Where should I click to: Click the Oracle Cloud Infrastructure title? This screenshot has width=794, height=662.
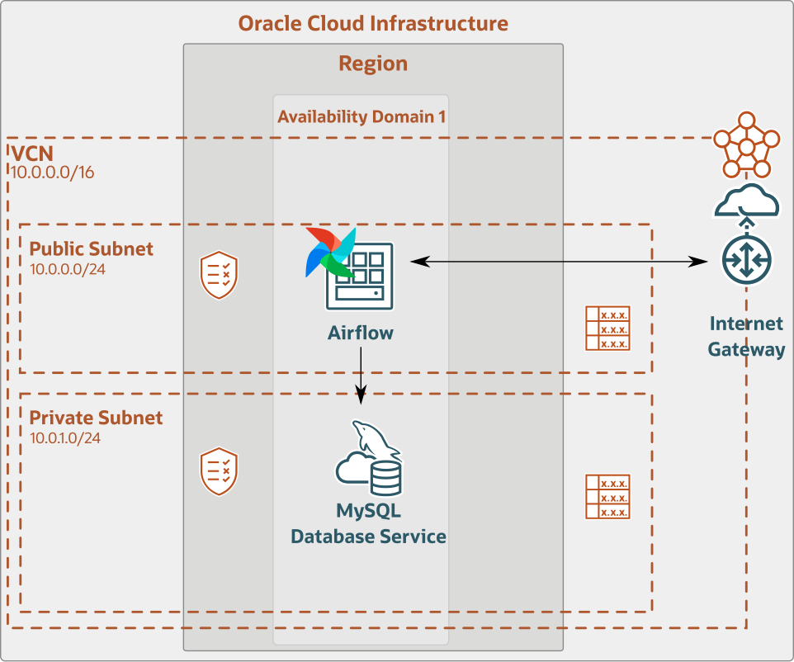pos(373,23)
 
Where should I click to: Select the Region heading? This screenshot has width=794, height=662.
pos(373,64)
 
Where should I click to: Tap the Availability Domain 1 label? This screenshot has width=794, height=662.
pos(362,116)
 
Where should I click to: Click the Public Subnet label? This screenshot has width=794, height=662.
pos(92,248)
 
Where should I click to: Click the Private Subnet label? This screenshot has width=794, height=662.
pos(97,418)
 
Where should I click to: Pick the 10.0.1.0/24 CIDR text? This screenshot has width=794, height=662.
pos(65,437)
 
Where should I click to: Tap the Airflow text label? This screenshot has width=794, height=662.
pos(361,333)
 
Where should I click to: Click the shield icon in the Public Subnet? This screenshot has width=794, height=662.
pos(220,276)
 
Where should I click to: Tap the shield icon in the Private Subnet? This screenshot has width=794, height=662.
pos(220,471)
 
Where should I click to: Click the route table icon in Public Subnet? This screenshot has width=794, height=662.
pos(607,329)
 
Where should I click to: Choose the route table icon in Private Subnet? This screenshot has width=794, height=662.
pos(607,497)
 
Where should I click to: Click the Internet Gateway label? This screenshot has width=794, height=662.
pos(746,336)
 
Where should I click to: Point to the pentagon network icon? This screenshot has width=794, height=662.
pos(746,144)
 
